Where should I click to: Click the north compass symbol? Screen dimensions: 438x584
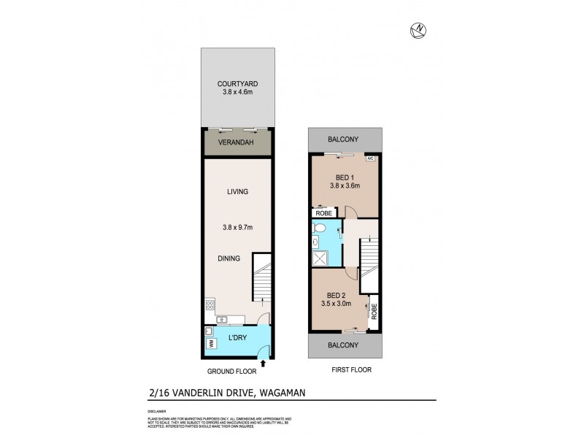tap(419, 29)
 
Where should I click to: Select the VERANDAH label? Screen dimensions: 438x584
tap(238, 143)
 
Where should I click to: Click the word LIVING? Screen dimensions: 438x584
tap(238, 192)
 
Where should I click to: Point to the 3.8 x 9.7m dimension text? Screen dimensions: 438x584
tap(238, 227)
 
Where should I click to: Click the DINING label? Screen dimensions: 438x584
tap(228, 258)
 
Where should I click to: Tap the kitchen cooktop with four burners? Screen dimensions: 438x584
tap(210, 305)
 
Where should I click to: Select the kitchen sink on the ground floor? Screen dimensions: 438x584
tap(222, 319)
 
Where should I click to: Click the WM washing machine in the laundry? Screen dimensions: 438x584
tap(210, 343)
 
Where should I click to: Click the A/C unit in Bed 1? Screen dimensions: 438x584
tap(370, 158)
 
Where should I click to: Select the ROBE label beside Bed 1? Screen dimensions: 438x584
tap(325, 212)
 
